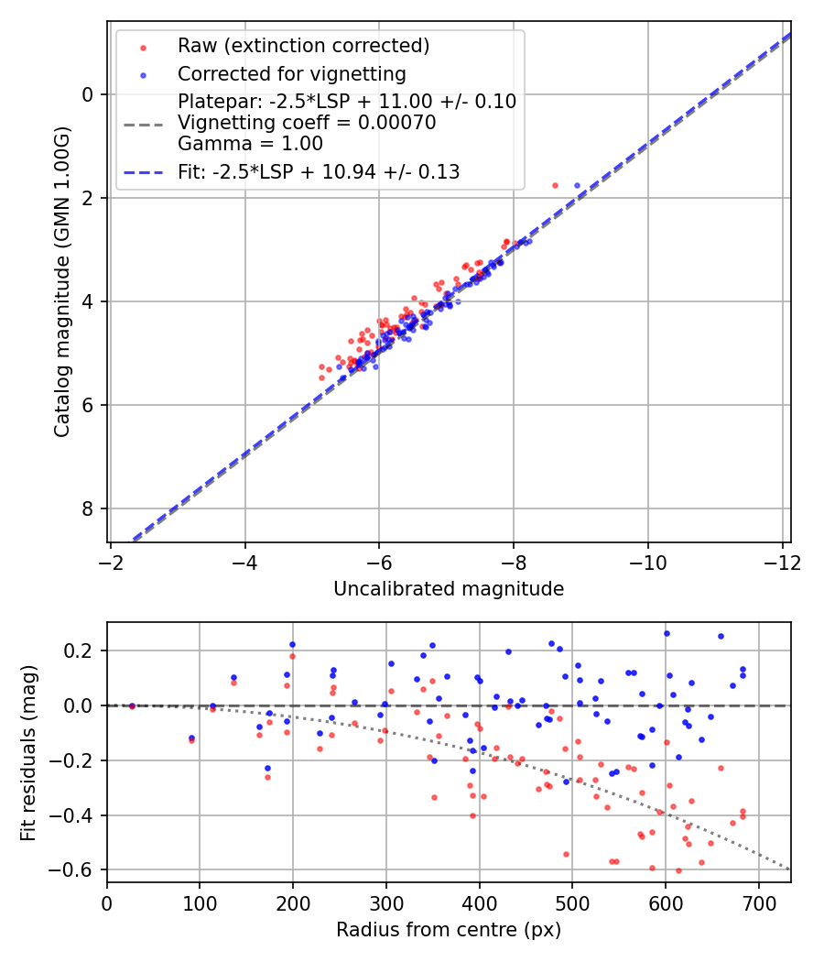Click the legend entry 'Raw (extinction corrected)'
303,46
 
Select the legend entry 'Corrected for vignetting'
291,73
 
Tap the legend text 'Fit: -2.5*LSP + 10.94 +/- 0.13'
319,171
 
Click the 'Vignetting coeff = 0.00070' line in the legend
307,122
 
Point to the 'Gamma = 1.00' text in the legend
250,143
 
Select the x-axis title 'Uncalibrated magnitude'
449,588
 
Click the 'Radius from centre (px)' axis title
449,930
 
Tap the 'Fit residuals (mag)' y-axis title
29,751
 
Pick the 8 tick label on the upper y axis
88,508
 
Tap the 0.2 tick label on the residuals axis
85,650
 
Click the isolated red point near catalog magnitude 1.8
555,185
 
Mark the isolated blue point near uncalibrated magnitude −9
577,185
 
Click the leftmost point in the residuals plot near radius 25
132,705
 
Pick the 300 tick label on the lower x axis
293,902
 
